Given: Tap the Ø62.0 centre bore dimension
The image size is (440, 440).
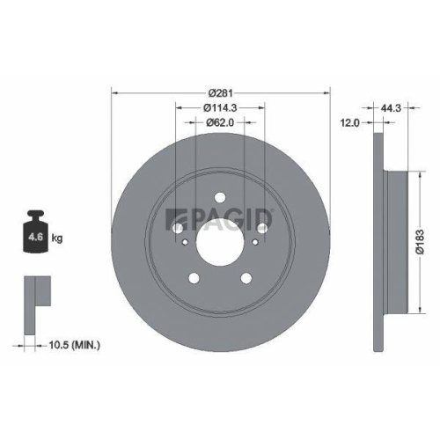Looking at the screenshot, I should point(221,123).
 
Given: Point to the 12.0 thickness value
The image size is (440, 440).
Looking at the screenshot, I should point(349,123).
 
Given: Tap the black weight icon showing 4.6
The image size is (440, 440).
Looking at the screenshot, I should point(35,236).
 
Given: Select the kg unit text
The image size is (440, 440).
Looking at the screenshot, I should point(57,238).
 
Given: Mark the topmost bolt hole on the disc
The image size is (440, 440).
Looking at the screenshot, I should point(220,197).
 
